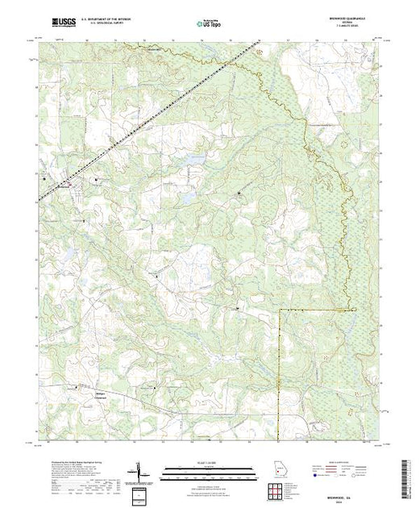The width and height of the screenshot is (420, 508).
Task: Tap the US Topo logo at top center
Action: [210, 24]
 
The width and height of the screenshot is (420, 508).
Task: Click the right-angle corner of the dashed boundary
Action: [279, 310]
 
